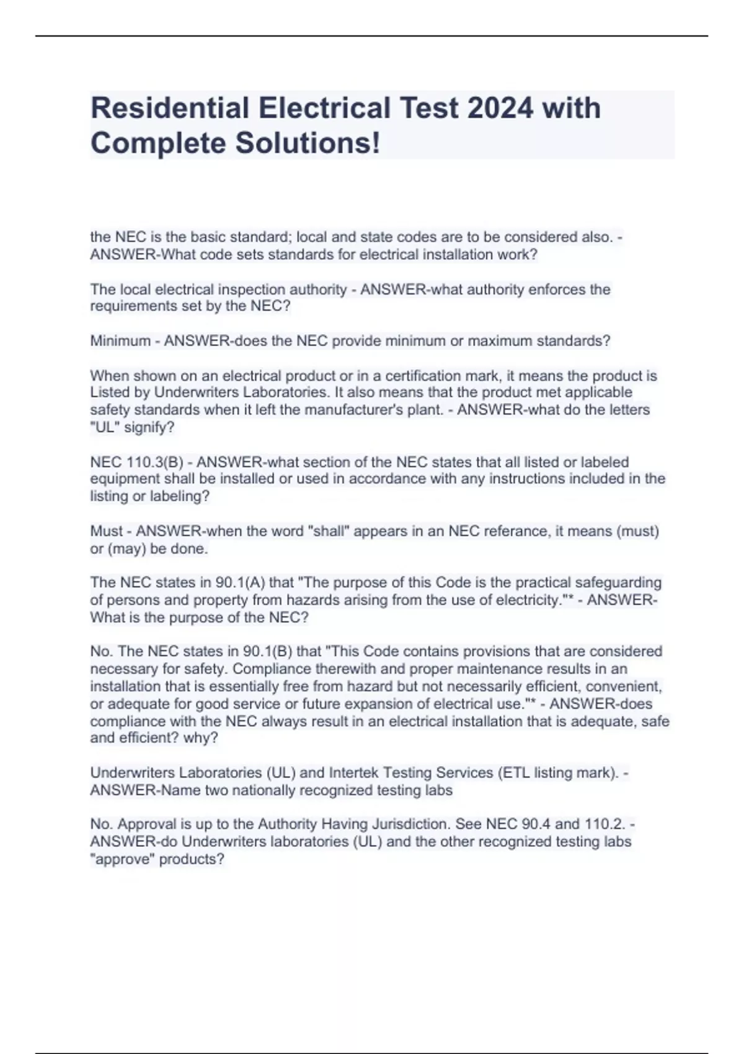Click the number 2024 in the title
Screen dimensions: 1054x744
pos(500,108)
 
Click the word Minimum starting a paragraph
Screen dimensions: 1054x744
pos(120,341)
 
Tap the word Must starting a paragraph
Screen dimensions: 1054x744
pos(107,531)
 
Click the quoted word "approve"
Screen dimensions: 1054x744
pos(122,859)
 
